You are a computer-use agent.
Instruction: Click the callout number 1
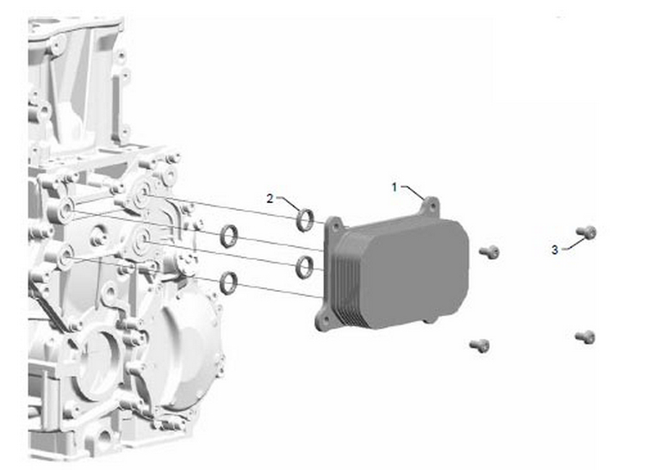click(x=394, y=188)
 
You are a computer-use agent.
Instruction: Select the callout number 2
click(x=270, y=199)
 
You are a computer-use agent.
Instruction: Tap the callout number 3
click(x=555, y=250)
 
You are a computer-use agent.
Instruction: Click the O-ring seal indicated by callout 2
click(x=305, y=220)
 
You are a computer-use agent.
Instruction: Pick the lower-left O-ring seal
click(x=228, y=283)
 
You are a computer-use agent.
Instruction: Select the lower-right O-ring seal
click(x=305, y=267)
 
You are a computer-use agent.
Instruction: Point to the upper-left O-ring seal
click(x=228, y=236)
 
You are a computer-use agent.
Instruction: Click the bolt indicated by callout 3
click(x=587, y=232)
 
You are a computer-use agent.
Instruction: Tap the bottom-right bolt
click(x=586, y=337)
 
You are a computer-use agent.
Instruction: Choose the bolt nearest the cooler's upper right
click(x=489, y=252)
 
